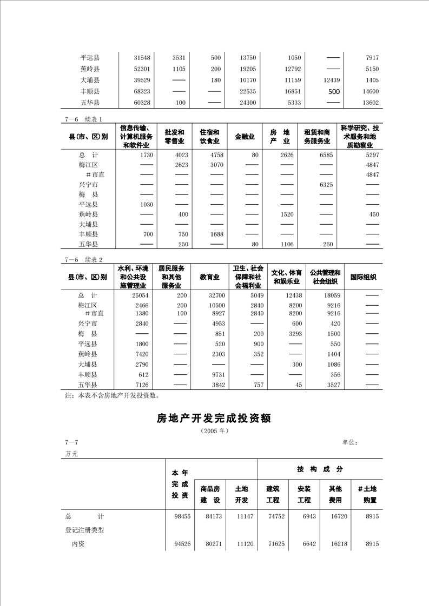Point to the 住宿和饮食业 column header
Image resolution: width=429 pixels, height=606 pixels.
click(x=209, y=137)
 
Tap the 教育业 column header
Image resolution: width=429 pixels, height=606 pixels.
click(x=209, y=277)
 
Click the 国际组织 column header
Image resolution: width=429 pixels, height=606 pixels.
click(x=363, y=277)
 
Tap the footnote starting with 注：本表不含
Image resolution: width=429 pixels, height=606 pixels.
click(x=112, y=395)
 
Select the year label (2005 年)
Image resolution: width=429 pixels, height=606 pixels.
click(x=214, y=431)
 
